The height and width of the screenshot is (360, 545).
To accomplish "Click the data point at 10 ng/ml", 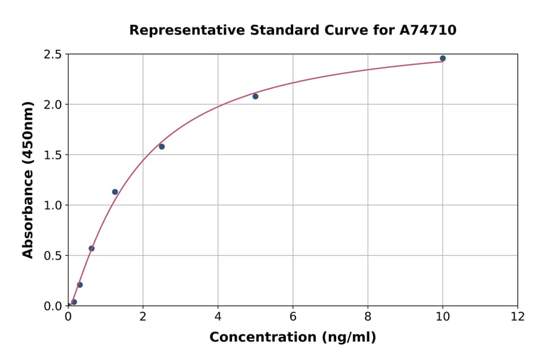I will tap(443, 58).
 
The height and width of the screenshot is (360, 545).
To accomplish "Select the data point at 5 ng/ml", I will tap(256, 96).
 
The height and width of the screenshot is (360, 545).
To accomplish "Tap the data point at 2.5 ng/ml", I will tap(162, 147).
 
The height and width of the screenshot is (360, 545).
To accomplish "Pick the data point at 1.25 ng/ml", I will tap(115, 192).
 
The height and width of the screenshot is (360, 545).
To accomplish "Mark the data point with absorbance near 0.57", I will tap(91, 248).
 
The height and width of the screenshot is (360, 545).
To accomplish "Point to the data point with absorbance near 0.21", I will tap(80, 285).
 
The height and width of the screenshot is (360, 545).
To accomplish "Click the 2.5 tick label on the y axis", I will tap(53, 55).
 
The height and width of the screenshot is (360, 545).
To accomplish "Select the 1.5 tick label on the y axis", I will tap(53, 155).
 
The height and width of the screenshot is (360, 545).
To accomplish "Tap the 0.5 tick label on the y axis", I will tap(53, 256).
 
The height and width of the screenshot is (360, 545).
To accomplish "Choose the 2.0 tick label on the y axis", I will tap(53, 105).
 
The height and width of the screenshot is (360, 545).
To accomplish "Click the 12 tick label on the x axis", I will tap(518, 316).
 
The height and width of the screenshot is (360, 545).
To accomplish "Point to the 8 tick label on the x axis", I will tap(368, 316).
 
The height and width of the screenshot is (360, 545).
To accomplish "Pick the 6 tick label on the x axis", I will tap(292, 316).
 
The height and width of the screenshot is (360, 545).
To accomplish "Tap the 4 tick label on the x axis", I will tap(218, 316).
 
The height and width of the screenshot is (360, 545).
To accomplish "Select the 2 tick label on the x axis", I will tap(143, 316).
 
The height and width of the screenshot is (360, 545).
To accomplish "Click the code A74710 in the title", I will tap(429, 30).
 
